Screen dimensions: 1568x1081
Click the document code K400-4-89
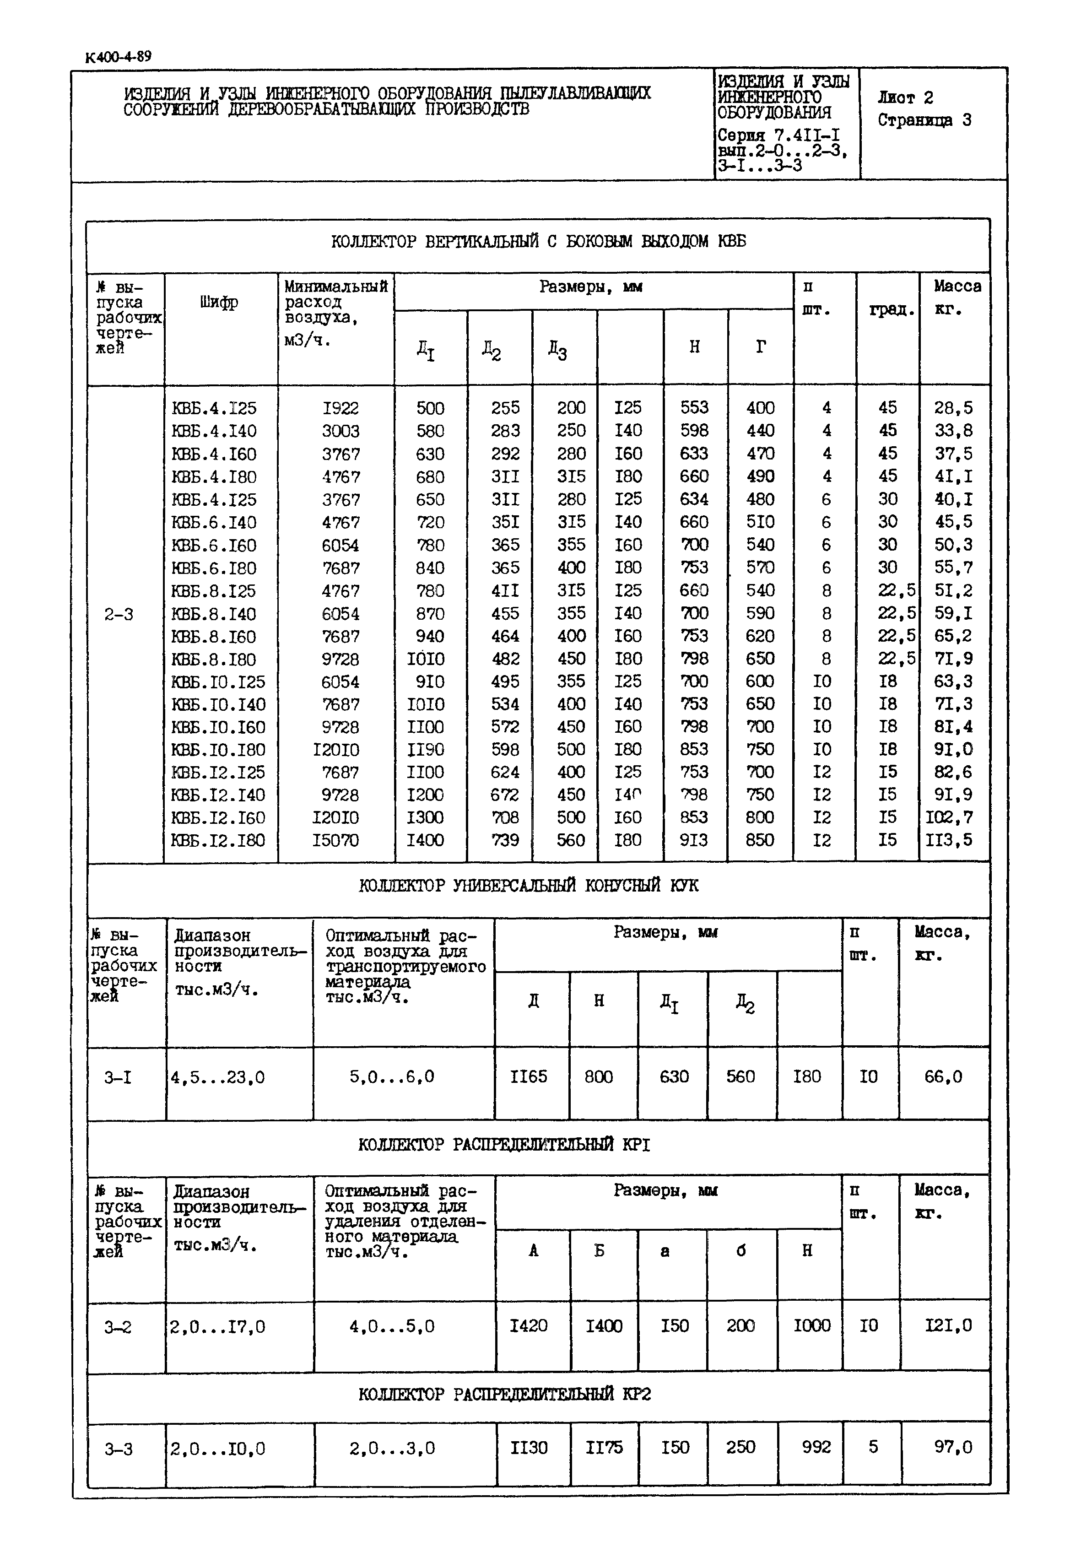pyautogui.click(x=119, y=57)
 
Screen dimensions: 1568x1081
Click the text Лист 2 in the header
pyautogui.click(x=905, y=97)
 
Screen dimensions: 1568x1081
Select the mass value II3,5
pyautogui.click(x=949, y=840)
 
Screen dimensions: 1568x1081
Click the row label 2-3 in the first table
pyautogui.click(x=119, y=614)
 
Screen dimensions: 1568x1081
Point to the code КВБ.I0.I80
pyautogui.click(x=218, y=750)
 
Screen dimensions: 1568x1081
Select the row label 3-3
pyautogui.click(x=119, y=1449)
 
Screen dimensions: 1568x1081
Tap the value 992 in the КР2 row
pyautogui.click(x=816, y=1448)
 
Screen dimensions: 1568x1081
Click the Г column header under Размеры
pyautogui.click(x=761, y=347)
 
